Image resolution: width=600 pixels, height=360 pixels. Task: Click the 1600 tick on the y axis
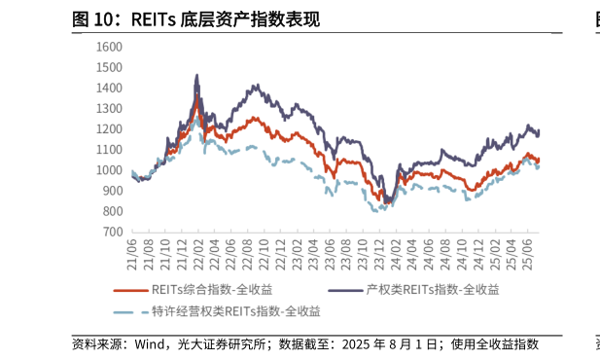109,47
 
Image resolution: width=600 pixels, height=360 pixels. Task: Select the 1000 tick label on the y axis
109,170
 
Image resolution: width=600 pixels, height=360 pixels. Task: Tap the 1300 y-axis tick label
109,109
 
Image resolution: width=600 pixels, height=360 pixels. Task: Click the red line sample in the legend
129,290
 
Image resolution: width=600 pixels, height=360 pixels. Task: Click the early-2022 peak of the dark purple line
197,75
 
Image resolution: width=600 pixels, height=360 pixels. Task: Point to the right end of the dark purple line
539,132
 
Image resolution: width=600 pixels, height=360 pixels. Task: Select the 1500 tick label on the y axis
109,67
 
